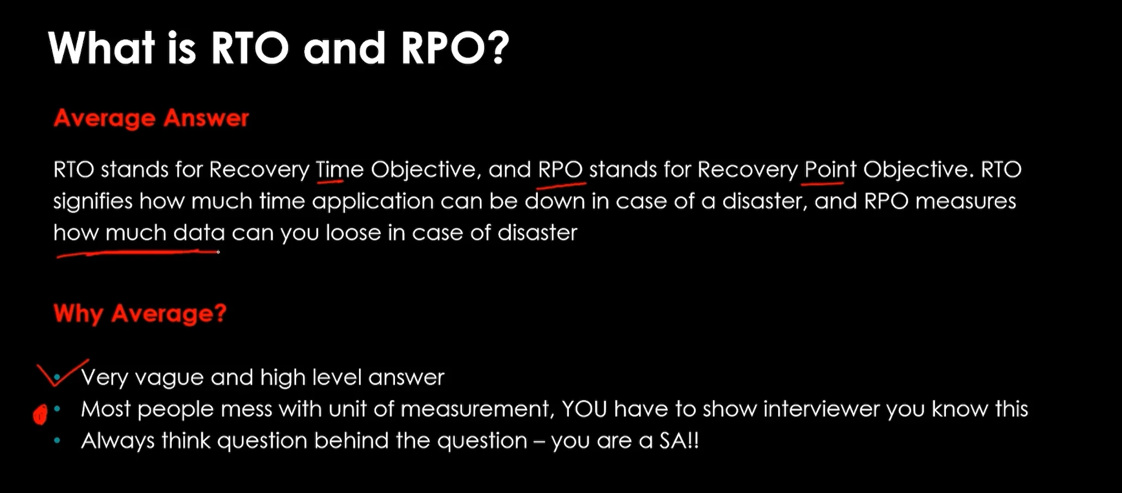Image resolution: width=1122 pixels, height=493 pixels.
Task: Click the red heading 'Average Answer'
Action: [x=152, y=118]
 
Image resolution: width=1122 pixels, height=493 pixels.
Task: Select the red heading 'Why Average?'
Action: [x=140, y=314]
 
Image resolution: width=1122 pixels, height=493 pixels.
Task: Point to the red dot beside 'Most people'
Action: [x=40, y=415]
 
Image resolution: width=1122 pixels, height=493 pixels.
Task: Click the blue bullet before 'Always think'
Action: [x=58, y=440]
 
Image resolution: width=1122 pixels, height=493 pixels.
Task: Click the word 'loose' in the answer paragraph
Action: [x=353, y=233]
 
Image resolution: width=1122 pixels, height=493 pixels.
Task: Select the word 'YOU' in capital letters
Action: [x=584, y=409]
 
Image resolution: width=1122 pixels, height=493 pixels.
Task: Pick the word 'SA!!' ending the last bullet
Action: [x=679, y=440]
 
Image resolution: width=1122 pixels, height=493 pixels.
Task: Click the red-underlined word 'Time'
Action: [x=340, y=170]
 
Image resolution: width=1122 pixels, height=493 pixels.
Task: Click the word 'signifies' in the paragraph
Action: [x=93, y=202]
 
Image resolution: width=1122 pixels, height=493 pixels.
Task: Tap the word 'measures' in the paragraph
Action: [x=966, y=202]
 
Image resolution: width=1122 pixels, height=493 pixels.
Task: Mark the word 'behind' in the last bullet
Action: [x=351, y=440]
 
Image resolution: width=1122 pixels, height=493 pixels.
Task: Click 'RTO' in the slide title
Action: [x=249, y=47]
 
